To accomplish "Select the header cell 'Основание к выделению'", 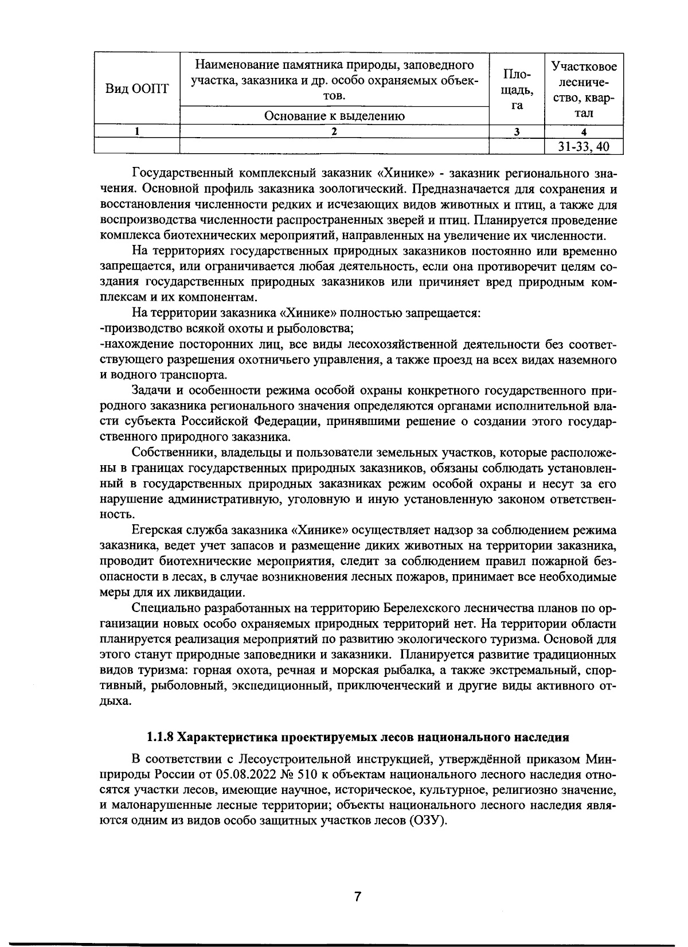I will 334,116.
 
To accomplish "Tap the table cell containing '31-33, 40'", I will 583,147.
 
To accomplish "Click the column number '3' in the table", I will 516,131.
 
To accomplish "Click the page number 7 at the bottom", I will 357,896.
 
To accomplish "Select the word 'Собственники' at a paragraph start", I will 170,453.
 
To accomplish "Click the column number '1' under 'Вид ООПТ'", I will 136,131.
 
